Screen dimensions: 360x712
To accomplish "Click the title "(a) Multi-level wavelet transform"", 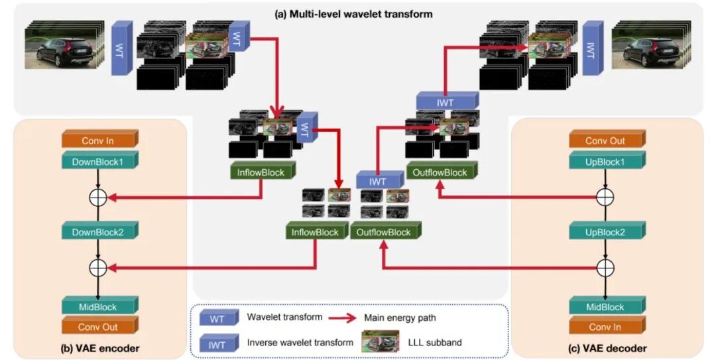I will coord(353,14).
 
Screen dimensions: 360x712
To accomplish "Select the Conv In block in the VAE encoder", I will coord(98,141).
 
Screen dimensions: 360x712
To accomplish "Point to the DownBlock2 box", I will coord(98,233).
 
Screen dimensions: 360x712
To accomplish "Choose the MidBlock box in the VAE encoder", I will coord(98,307).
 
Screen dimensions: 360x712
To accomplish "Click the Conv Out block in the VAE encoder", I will coord(98,327).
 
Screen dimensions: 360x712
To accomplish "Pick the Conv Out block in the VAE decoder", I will coord(605,141).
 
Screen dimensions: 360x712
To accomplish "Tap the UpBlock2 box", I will coord(605,233).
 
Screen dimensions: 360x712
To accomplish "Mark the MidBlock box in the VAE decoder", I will coord(605,307).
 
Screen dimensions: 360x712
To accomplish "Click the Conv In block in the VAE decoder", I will coord(605,327).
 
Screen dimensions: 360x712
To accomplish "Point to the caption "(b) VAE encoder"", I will coord(97,348).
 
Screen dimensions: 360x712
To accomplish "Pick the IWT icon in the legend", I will coord(219,343).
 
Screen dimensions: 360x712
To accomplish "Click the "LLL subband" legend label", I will coord(430,342).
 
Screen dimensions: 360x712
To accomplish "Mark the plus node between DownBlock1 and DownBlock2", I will coord(98,197).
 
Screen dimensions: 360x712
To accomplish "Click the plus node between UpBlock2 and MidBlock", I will coord(605,267).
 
